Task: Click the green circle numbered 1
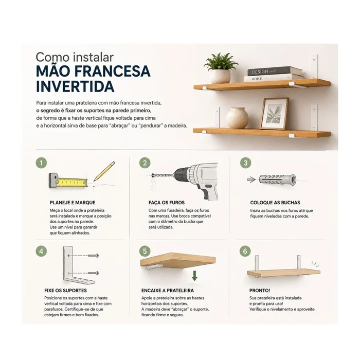[41, 163]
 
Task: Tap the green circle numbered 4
[41, 251]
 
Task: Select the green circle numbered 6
[245, 251]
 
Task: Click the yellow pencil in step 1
[104, 171]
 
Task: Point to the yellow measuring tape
[68, 181]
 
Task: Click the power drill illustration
[188, 180]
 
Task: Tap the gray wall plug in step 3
[277, 180]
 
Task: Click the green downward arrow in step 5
[194, 276]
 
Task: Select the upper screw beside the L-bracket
[94, 256]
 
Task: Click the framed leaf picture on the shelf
[274, 114]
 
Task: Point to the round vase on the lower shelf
[237, 118]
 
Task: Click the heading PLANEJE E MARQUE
[73, 203]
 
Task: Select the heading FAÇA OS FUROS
[167, 203]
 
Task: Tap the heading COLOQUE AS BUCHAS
[275, 203]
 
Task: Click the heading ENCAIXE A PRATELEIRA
[168, 291]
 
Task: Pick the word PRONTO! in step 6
[260, 291]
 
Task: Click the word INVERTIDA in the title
[75, 86]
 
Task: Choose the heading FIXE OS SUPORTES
[66, 291]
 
